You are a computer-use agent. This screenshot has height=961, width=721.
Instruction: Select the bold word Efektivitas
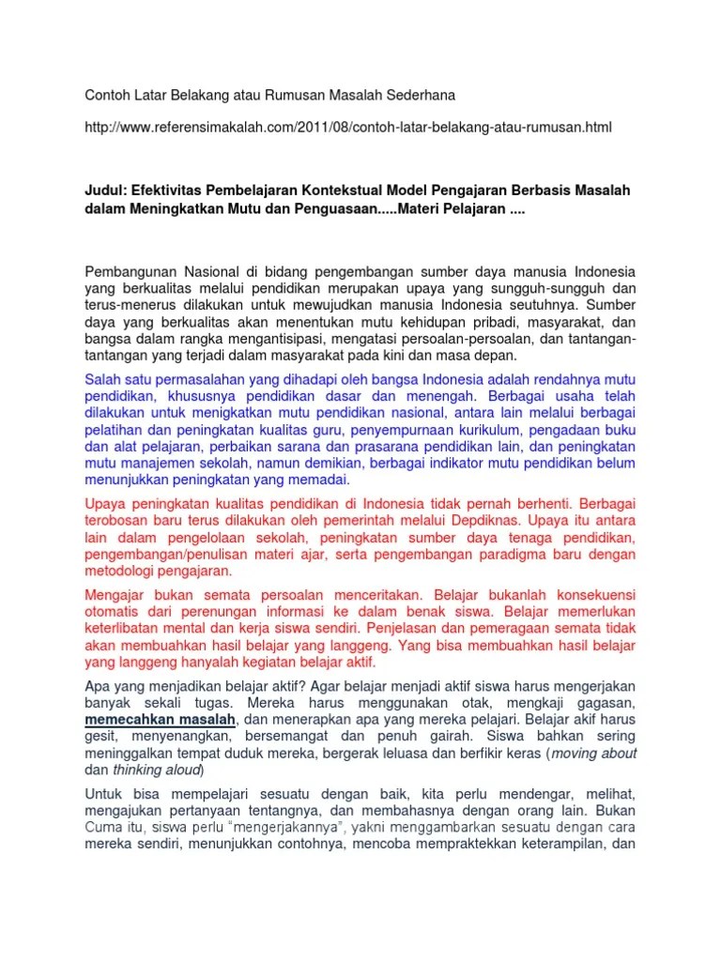(x=175, y=191)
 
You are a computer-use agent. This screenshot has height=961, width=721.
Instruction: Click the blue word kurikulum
(x=497, y=429)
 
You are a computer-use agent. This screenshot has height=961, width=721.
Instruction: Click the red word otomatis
(x=115, y=614)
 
